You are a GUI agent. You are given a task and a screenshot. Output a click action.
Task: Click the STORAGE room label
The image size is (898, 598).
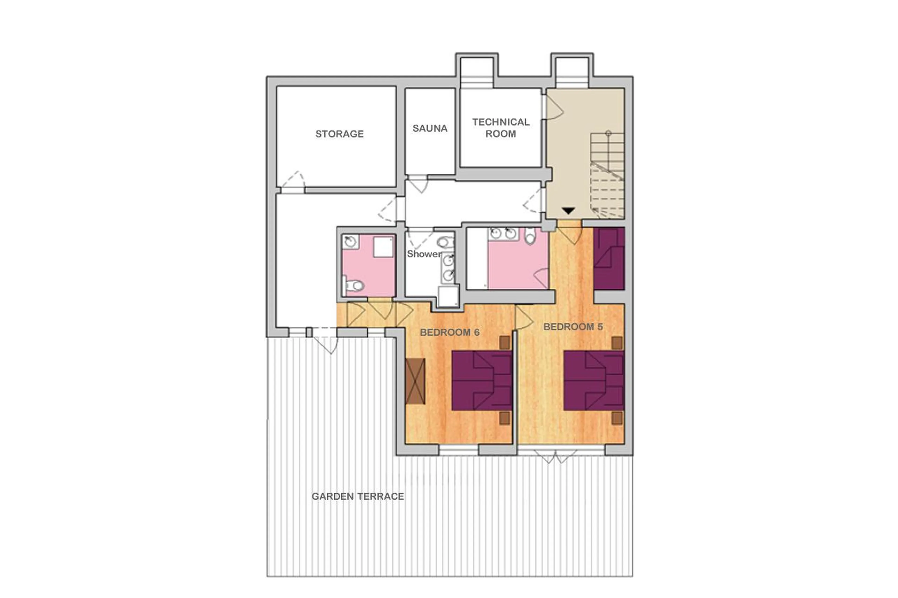point(339,134)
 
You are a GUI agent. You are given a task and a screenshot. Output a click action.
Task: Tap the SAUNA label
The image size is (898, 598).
point(430,128)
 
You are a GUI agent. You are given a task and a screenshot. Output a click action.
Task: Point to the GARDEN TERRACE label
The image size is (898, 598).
point(358,496)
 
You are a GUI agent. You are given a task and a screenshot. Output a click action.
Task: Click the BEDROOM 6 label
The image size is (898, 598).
point(449,332)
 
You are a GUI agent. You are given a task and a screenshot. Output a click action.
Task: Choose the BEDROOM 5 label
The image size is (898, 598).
point(573,327)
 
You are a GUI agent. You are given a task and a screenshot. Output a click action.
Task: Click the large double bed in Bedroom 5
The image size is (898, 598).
point(594,381)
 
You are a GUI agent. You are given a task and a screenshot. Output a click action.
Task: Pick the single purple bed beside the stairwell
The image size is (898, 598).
point(609,259)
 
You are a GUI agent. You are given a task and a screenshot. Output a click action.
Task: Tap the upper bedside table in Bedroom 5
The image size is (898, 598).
point(617,343)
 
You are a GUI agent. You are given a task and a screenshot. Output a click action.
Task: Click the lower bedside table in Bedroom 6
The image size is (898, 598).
point(504,418)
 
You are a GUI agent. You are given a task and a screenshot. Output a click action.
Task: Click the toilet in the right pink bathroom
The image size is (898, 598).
point(530,236)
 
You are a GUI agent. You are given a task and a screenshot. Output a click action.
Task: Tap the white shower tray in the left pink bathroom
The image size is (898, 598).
point(383,247)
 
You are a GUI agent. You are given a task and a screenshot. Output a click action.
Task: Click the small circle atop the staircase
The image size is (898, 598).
point(608,133)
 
